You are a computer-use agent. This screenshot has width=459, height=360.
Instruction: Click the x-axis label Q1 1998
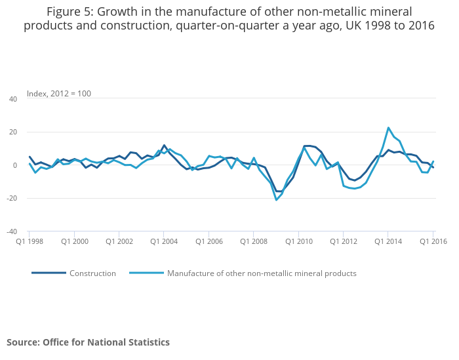(x=30, y=241)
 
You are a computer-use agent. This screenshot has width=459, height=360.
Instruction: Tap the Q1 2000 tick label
(x=74, y=241)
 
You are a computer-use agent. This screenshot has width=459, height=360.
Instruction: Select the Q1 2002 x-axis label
(x=119, y=241)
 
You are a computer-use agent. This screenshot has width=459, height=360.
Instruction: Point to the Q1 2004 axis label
(x=163, y=241)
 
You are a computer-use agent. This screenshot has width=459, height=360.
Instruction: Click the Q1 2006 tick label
(x=209, y=241)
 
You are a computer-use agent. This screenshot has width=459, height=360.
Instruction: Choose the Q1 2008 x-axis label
(x=253, y=241)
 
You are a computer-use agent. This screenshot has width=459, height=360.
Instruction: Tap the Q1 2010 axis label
(x=298, y=241)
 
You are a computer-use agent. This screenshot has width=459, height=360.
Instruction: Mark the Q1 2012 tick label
(x=343, y=241)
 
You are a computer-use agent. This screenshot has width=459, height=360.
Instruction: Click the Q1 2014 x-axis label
(x=388, y=241)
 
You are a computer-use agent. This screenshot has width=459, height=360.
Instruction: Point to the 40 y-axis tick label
(x=12, y=99)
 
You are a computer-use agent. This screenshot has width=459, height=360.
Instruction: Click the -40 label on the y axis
(x=11, y=231)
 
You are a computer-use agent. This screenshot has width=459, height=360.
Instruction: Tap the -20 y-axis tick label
(x=11, y=198)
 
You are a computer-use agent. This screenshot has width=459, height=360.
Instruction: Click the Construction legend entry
(x=92, y=273)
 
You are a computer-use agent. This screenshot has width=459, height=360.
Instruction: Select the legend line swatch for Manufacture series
(x=146, y=273)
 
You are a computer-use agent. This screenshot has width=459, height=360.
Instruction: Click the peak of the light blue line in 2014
(x=388, y=128)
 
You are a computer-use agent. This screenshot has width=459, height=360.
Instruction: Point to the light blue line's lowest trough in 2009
(x=276, y=200)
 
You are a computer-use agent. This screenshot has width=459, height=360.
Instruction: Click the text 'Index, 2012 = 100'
(x=59, y=94)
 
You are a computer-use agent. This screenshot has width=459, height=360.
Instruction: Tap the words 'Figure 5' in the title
(x=69, y=11)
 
